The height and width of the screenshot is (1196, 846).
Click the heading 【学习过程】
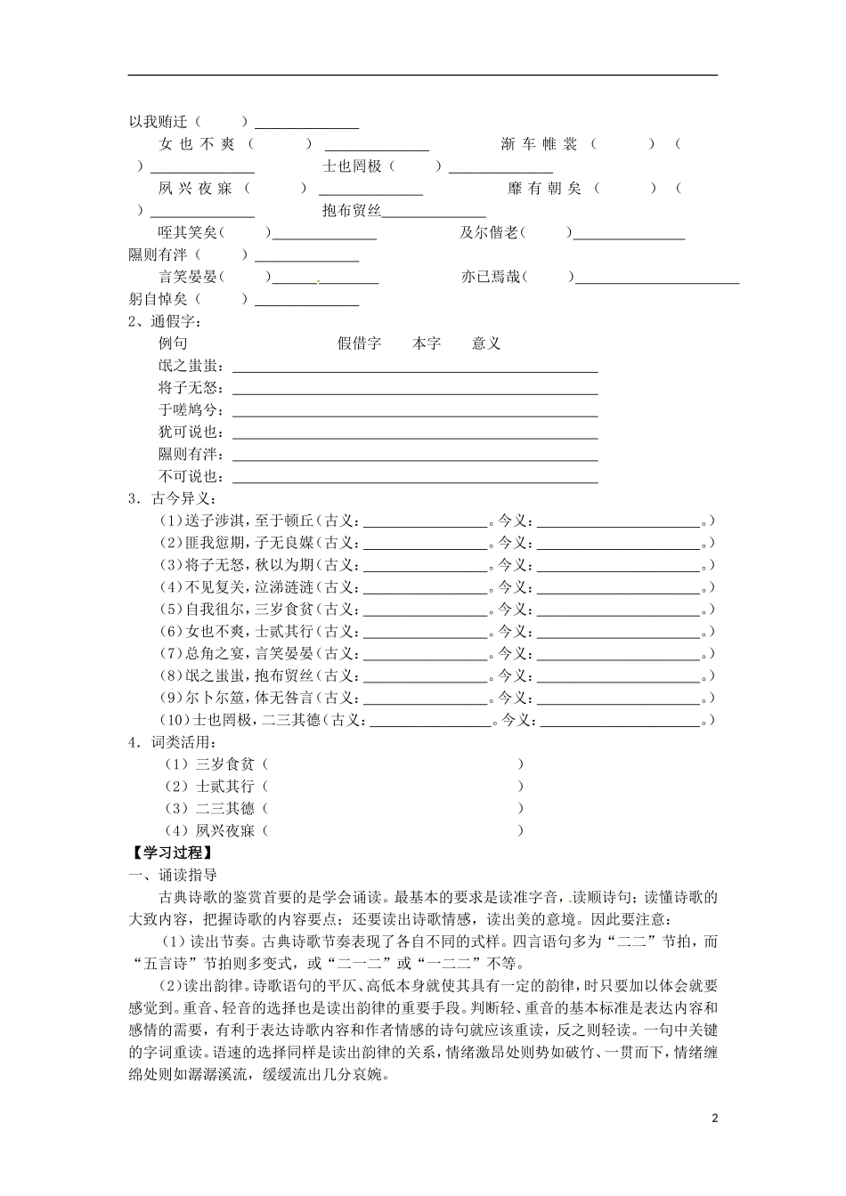[x=167, y=853]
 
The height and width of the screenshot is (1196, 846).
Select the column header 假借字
[x=359, y=343]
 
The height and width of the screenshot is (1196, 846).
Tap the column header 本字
[x=427, y=343]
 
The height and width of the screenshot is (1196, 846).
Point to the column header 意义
[x=486, y=343]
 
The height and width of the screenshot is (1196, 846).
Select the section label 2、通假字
[x=165, y=321]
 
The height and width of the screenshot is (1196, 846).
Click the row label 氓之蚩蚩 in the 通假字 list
[x=191, y=366]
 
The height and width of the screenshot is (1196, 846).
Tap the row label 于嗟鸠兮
[x=191, y=410]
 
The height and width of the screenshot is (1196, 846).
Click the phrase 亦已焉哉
[x=490, y=278]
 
